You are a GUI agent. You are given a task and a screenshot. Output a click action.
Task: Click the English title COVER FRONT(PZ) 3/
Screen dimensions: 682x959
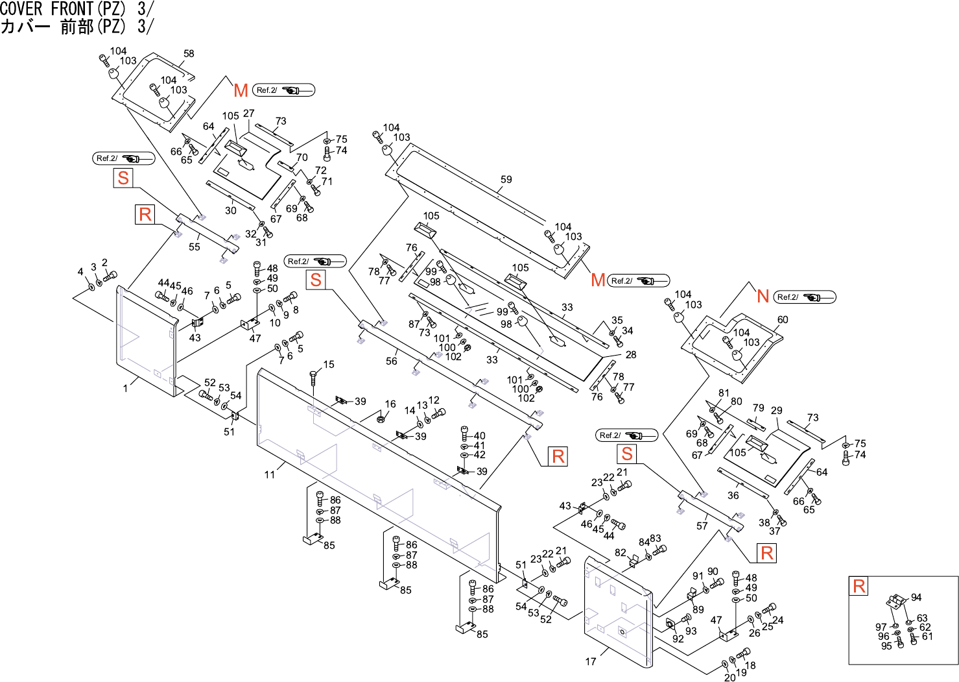pos(77,8)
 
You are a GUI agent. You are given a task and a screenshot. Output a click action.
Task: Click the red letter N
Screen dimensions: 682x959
pos(763,297)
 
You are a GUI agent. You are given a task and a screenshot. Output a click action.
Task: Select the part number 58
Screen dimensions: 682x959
pos(189,54)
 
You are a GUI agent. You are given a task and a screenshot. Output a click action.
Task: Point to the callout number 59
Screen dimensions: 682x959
pos(506,180)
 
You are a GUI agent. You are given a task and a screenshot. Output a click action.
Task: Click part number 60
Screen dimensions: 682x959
pos(783,320)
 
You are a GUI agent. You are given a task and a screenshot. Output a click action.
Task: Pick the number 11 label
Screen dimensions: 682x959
pos(270,475)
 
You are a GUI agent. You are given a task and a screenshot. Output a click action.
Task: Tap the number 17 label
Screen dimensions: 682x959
pos(591,662)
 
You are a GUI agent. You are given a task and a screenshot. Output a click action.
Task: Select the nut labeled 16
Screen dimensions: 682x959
pos(381,419)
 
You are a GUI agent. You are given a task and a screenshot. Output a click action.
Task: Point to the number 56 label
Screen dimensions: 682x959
pos(392,361)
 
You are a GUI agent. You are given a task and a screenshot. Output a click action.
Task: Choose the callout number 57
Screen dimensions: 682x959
pos(702,526)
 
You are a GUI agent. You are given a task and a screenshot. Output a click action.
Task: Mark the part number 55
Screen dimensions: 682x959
pos(195,247)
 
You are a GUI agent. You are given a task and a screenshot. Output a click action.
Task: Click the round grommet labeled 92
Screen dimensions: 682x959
pos(671,625)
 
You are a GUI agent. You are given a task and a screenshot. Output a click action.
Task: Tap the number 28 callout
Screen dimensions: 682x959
pos(631,355)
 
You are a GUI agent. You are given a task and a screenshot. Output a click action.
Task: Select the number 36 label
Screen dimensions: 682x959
pos(733,495)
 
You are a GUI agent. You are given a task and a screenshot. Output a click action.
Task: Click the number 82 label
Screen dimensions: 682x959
pos(621,553)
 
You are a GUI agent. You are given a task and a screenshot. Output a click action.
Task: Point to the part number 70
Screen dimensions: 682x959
pos(302,158)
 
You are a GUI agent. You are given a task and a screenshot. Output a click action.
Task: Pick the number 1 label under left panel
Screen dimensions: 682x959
pos(126,388)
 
